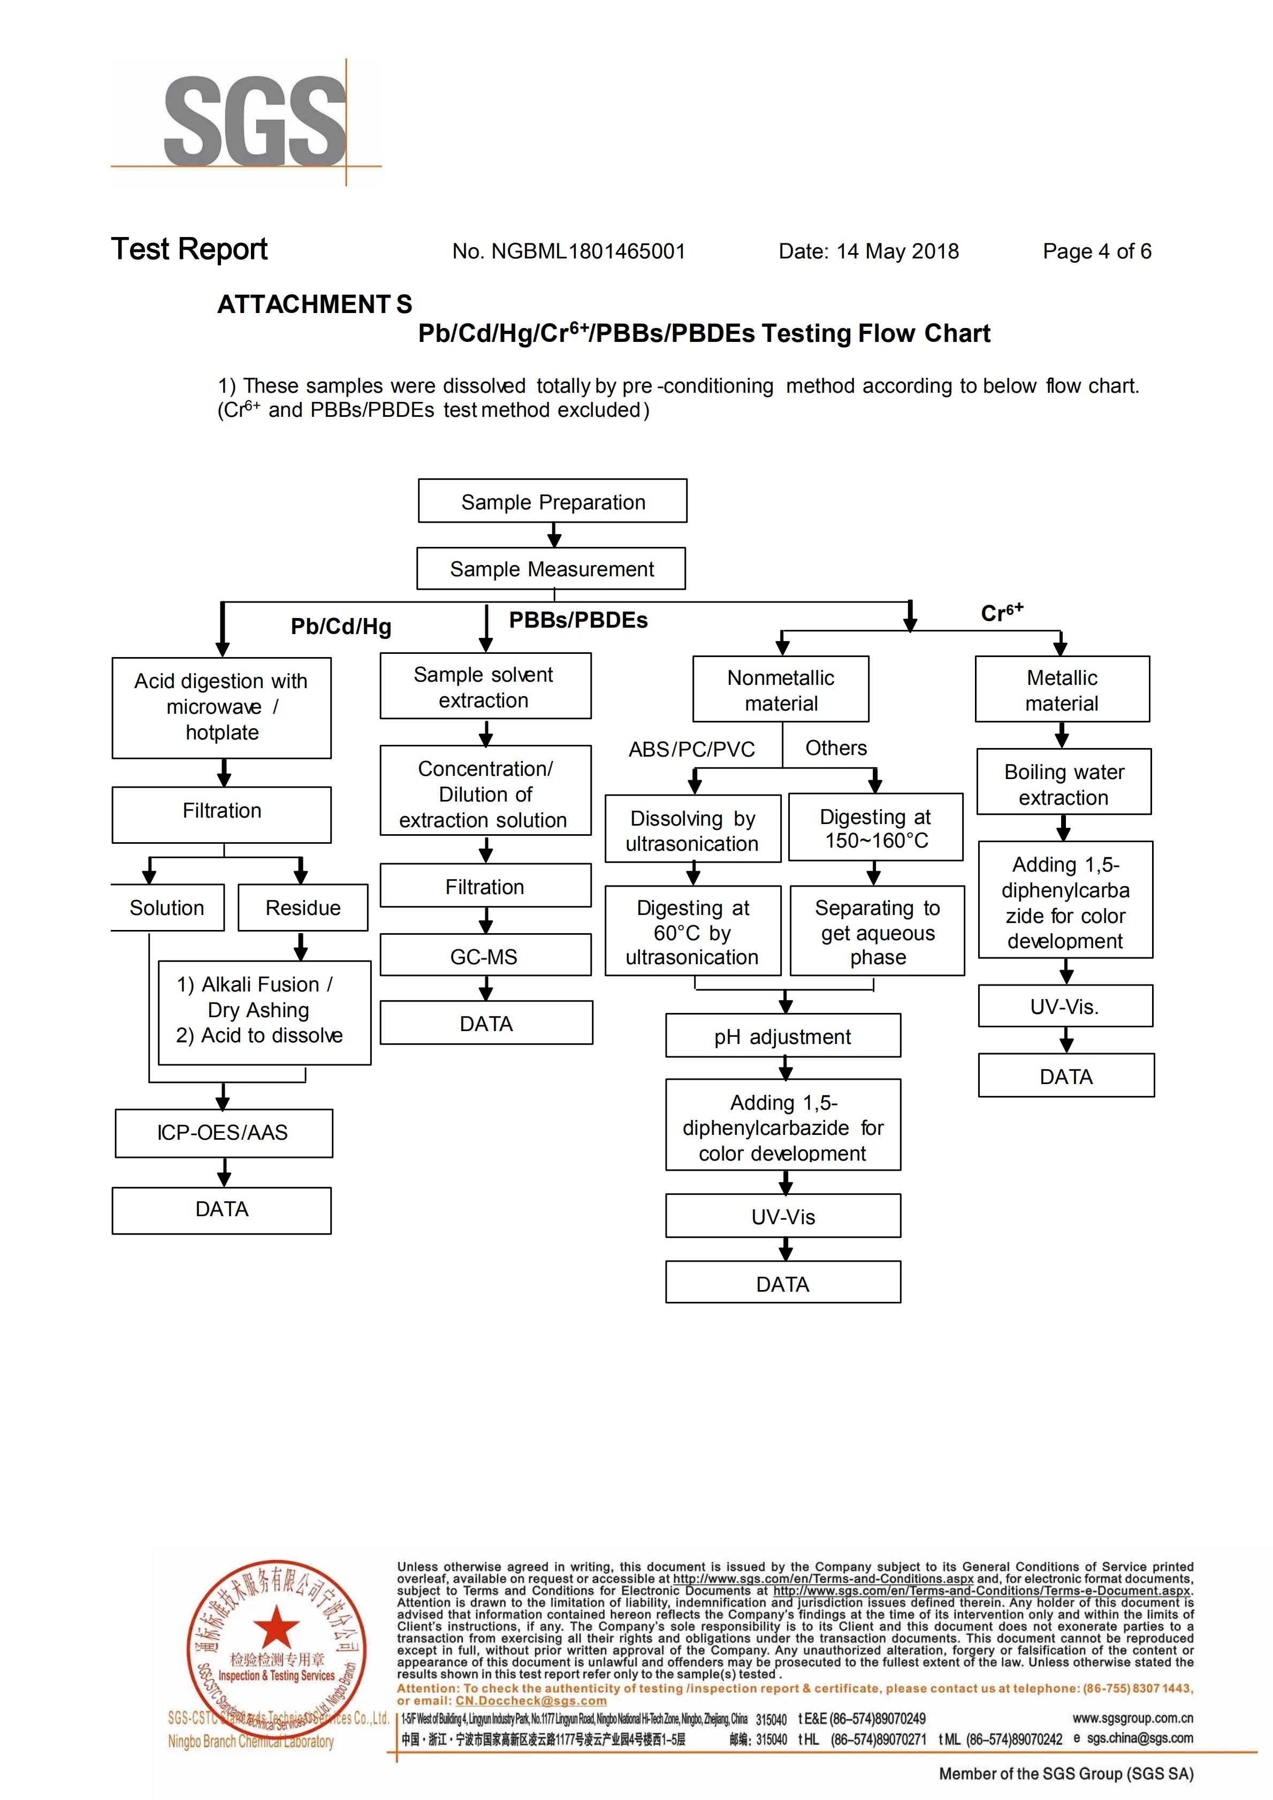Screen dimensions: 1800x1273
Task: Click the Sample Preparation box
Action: pos(553,502)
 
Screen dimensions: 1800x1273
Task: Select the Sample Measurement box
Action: pos(551,569)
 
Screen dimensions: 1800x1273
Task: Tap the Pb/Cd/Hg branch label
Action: pos(341,627)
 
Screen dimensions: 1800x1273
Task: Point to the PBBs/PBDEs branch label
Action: pos(578,620)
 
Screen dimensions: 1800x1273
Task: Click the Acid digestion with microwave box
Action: pos(222,707)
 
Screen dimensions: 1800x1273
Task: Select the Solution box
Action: pos(167,908)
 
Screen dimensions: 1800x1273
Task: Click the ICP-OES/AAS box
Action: pos(223,1133)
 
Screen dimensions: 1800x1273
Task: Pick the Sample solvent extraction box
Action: pos(485,688)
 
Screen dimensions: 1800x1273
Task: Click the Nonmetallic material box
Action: pos(781,690)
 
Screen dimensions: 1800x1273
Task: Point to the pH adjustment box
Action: pos(782,1036)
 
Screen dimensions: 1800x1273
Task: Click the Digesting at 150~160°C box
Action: pos(875,829)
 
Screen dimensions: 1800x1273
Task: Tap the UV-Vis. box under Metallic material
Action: pos(1065,1006)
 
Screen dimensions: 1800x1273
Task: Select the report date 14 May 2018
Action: pos(897,251)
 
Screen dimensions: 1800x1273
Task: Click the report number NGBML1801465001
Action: pos(588,251)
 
